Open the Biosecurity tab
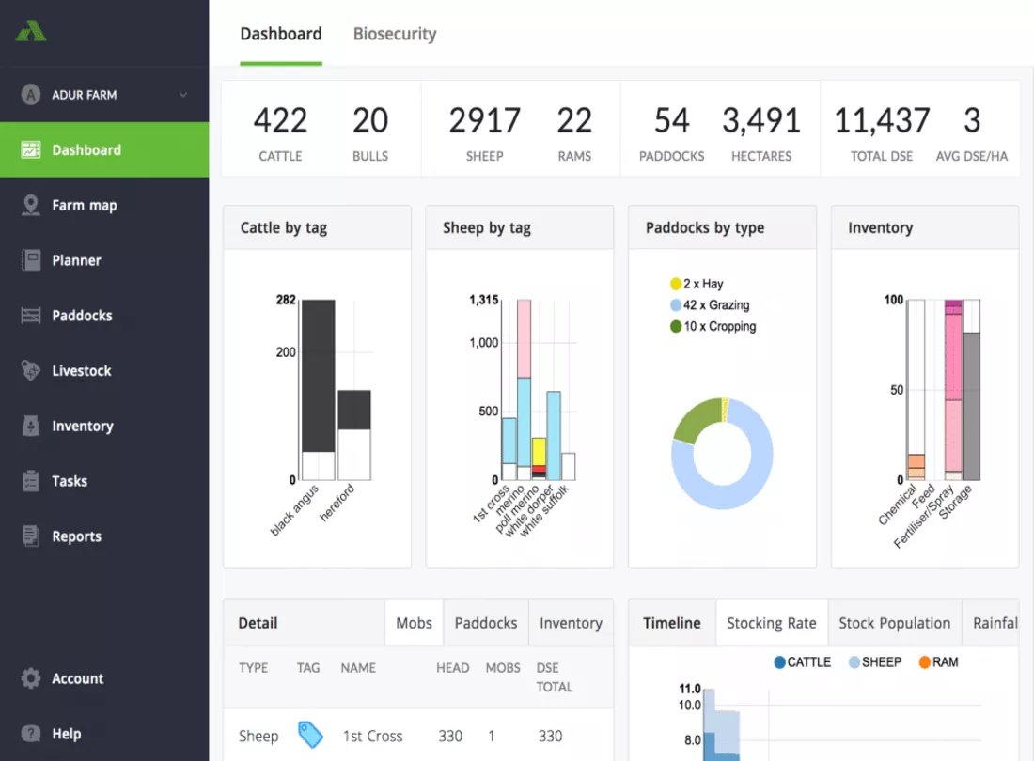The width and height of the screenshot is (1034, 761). coord(395,34)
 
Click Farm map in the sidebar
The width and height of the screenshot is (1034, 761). coord(85,205)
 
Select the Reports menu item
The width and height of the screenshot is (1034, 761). coord(76,536)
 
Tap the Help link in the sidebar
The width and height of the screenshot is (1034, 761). coord(67,734)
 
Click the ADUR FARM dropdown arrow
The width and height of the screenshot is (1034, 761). coord(182,95)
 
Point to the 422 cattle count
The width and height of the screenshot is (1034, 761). coord(280,120)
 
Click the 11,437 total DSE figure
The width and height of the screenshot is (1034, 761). coord(882,120)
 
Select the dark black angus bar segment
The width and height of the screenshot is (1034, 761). coord(318,376)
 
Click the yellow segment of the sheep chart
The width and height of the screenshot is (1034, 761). coord(539,451)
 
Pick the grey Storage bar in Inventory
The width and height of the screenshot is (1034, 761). coord(971,407)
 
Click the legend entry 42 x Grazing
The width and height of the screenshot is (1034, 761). coord(710,305)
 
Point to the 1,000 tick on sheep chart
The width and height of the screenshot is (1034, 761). coord(484,343)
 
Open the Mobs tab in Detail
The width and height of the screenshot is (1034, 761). coord(415,623)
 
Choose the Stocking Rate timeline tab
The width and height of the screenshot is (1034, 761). coord(772,623)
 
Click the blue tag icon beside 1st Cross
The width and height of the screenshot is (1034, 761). coord(310,735)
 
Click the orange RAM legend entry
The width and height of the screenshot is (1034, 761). coord(938,662)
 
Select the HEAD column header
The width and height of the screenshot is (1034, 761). coord(452,667)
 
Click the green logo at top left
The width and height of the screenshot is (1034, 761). coord(31,31)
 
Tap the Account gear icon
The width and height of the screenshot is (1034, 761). coord(31,678)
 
